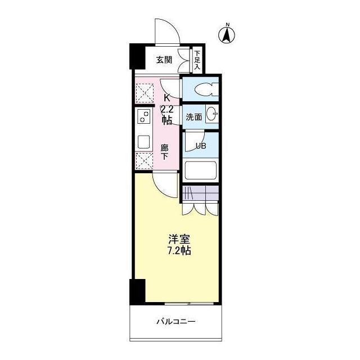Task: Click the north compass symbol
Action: (227, 34)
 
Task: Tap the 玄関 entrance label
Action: (164, 60)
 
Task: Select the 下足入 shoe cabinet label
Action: (197, 60)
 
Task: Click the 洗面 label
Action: (193, 117)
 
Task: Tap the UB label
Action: (201, 146)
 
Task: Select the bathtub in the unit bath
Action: (200, 170)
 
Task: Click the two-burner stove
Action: (144, 116)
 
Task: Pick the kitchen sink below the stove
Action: (143, 142)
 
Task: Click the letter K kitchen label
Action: (166, 98)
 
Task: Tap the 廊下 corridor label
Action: (164, 152)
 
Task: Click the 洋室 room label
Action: (179, 240)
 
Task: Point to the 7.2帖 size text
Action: (179, 250)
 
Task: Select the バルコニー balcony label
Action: (176, 321)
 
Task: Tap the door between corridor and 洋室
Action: (166, 185)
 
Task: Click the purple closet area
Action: (200, 193)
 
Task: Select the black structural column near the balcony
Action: (137, 291)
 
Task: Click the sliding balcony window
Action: (189, 304)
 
